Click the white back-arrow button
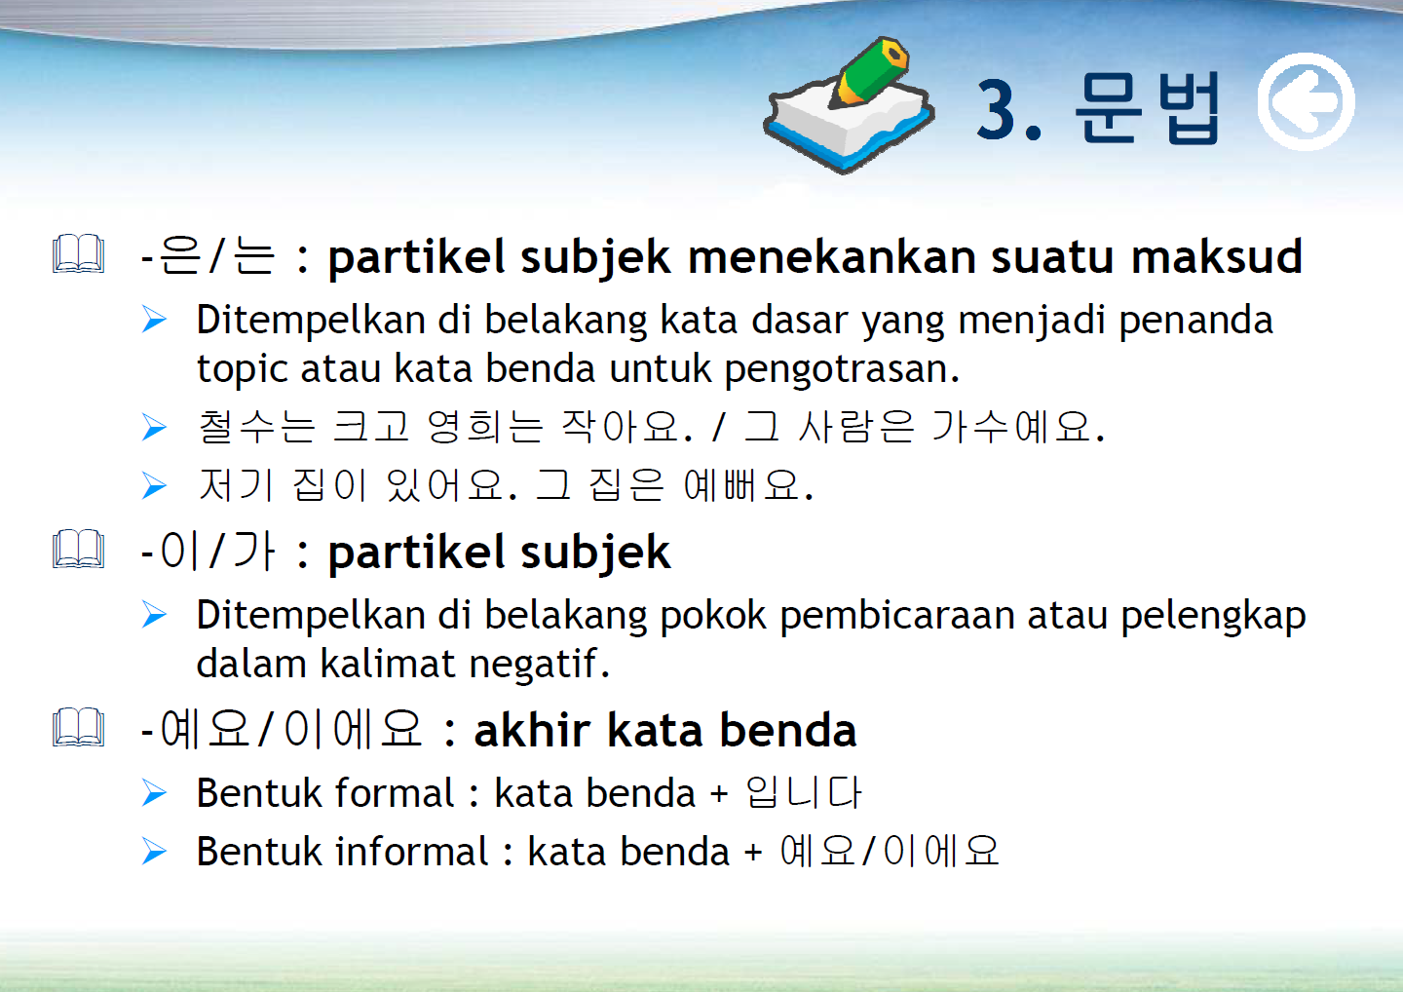(1306, 101)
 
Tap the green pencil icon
(869, 72)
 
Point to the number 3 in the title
(996, 110)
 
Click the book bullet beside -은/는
(78, 254)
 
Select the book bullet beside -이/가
(78, 550)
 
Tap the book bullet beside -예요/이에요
(78, 728)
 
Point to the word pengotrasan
(841, 369)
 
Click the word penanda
(1195, 321)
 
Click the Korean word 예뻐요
(748, 485)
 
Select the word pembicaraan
(897, 616)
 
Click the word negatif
(539, 664)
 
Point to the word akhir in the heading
(532, 730)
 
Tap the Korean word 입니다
(804, 793)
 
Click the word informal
(411, 852)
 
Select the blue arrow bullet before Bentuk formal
(154, 793)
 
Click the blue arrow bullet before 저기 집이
(154, 485)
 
